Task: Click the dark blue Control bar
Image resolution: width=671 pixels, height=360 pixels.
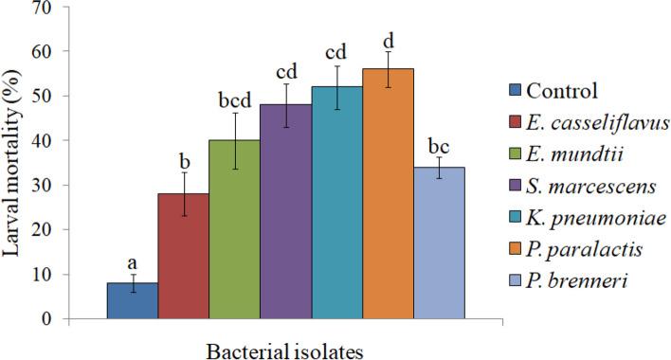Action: coord(132,300)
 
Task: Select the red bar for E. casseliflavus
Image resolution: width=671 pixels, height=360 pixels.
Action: coord(183,256)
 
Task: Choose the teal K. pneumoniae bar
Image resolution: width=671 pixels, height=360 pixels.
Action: coord(336,203)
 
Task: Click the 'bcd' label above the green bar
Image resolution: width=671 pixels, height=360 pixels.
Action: coord(234,99)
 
